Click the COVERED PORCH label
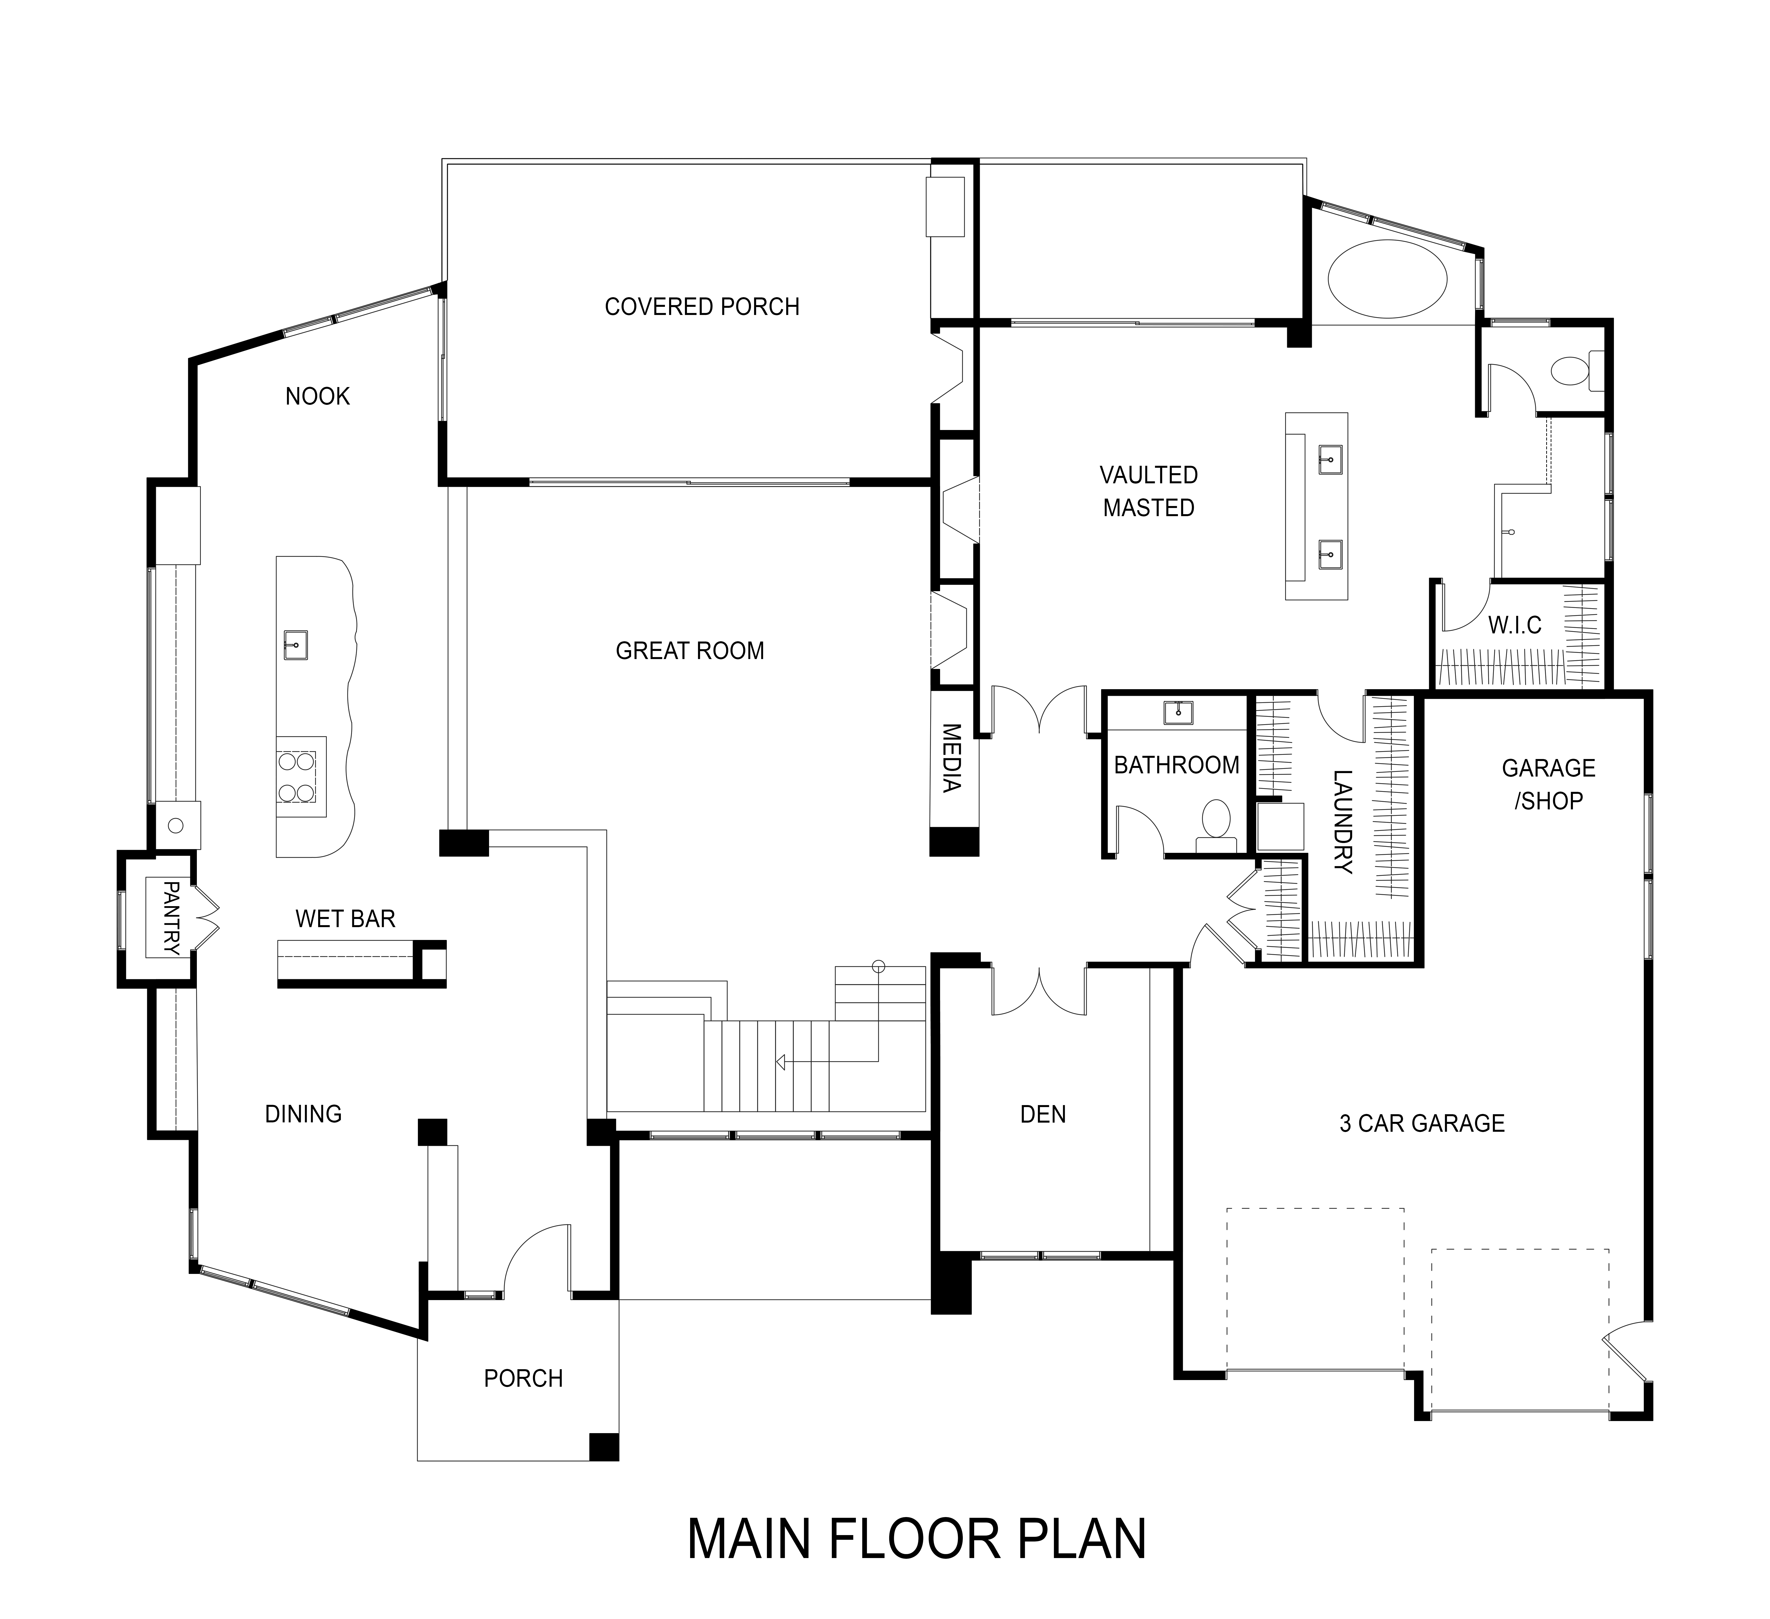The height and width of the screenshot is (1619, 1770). (702, 307)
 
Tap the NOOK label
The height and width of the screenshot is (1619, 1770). (318, 397)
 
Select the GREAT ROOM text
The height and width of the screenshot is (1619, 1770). (690, 651)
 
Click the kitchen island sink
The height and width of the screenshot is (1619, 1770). (296, 645)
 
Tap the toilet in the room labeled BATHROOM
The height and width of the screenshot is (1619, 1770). (1216, 825)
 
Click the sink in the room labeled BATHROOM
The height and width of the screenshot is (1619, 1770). (1177, 713)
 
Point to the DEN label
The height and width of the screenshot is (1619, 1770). (1043, 1114)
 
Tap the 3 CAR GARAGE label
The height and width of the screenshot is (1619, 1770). (1422, 1123)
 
